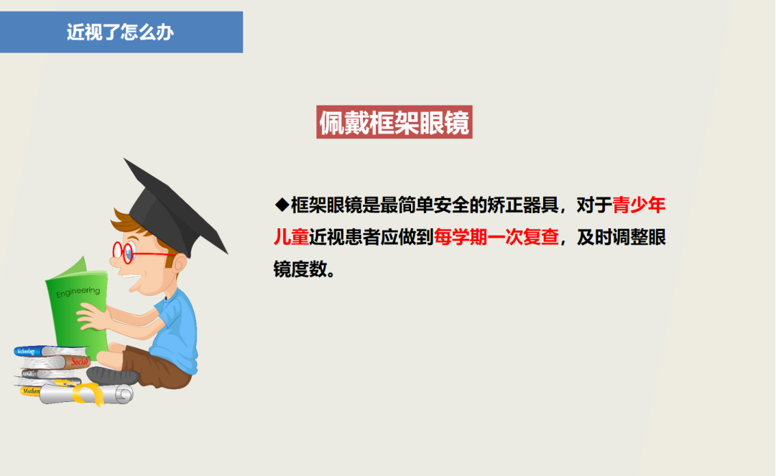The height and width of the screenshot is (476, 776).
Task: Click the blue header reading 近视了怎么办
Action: tap(121, 32)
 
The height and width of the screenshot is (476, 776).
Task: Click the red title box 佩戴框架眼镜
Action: tap(394, 123)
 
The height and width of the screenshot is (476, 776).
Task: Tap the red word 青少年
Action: tap(639, 205)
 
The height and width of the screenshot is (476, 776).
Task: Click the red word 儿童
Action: tap(290, 238)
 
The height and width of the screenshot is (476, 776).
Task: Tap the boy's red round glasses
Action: tap(125, 251)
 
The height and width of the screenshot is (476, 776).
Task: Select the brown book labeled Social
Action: tap(78, 361)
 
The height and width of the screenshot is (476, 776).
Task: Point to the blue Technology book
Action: tap(36, 351)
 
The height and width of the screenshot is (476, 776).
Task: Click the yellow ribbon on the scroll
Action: tap(90, 392)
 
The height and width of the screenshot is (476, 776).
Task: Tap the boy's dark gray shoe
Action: tap(113, 375)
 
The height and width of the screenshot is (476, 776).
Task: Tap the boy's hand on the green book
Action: tap(93, 316)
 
